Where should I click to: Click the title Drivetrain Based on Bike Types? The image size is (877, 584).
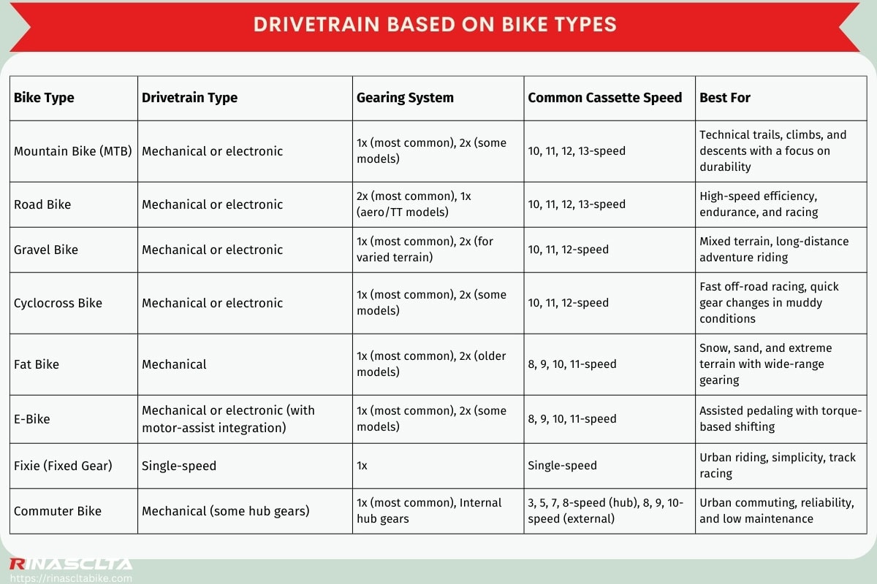pos(435,24)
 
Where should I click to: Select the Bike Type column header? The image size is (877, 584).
pos(44,98)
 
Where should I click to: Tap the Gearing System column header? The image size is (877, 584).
pos(405,98)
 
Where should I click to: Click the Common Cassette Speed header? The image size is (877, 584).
pos(604,98)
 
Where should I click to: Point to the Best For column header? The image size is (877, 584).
pos(724,98)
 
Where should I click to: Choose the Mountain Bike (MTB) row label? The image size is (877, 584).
pos(73,151)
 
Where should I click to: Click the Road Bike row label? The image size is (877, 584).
pos(42,204)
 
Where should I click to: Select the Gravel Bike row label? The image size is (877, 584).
pos(46,250)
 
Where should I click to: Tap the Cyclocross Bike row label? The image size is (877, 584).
pos(58,303)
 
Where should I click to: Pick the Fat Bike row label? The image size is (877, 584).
pos(37,364)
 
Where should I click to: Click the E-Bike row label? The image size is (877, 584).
pos(32,419)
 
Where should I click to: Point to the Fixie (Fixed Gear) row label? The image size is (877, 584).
pos(63,466)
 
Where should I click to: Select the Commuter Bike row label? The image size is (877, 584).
pos(58,511)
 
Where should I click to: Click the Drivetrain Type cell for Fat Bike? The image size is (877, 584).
pos(174,364)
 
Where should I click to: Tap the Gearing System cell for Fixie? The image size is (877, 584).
pos(362,466)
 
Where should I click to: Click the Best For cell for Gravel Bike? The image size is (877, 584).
pos(774,250)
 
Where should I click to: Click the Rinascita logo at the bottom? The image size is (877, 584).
pos(70,564)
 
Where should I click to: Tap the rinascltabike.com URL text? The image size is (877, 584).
pos(70,578)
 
